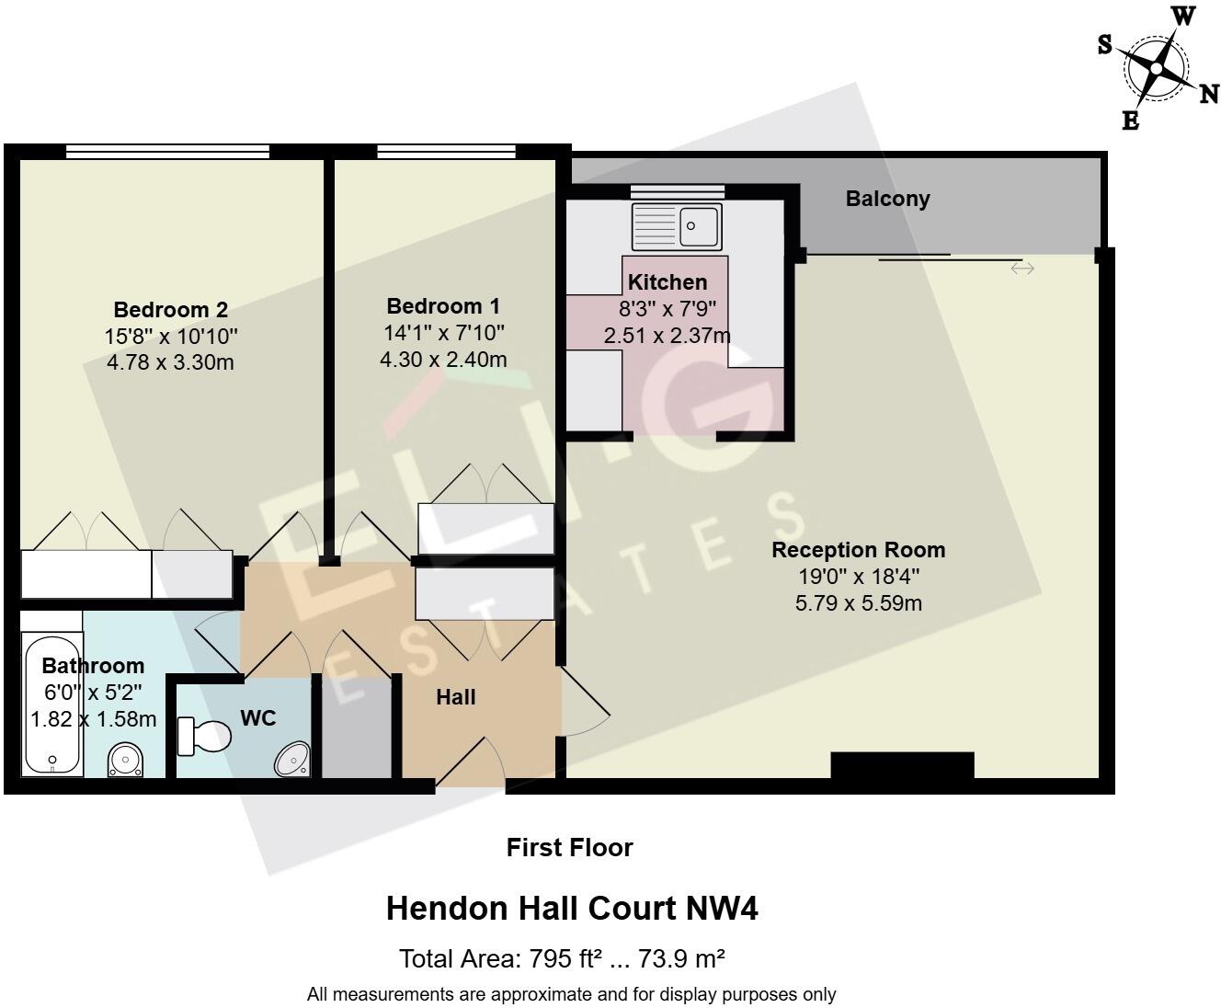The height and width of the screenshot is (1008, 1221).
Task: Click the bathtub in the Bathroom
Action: point(51,704)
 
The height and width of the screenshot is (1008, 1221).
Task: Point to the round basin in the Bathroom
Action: point(125,760)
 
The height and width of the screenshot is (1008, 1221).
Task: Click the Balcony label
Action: point(887,199)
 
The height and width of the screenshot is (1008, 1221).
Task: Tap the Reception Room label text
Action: point(858,550)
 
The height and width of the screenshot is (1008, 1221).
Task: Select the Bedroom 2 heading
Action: point(170,310)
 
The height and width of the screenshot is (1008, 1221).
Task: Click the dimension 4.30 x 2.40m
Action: point(443,359)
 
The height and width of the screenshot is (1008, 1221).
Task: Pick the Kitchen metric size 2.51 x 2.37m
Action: point(667,336)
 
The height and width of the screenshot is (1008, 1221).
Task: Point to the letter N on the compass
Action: point(1209,94)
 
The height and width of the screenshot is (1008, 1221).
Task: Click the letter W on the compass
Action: point(1184,16)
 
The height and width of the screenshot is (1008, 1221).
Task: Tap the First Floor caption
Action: point(569,847)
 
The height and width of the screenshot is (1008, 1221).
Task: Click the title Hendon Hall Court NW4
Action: point(572,909)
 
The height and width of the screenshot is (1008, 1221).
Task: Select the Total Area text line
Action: point(562,959)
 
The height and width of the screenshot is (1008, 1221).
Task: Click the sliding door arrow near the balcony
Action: point(1022,269)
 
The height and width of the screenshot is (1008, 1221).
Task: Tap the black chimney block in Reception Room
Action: point(901,765)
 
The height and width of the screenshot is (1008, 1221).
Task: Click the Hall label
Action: point(455,697)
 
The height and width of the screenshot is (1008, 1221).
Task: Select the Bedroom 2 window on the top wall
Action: point(167,152)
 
